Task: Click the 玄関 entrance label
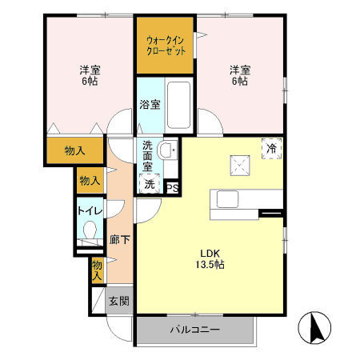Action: pos(118,301)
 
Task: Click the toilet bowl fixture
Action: pos(90,234)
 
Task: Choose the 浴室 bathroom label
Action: pos(150,104)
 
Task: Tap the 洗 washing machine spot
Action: pos(150,185)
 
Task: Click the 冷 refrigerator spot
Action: pos(271,149)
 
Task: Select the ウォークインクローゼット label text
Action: pos(166,45)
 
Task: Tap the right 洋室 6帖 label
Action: pos(240,75)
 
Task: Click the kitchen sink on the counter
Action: pos(222,198)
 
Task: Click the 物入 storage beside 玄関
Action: pos(97,270)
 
